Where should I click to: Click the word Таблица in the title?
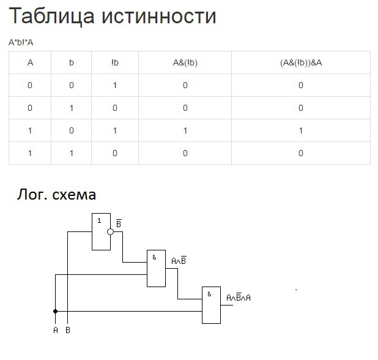click(x=50, y=16)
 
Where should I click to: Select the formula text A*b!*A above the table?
click(x=21, y=42)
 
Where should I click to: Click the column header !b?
click(x=115, y=62)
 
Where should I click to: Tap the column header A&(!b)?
click(x=185, y=62)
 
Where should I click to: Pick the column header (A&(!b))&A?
click(x=300, y=62)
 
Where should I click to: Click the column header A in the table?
click(x=30, y=62)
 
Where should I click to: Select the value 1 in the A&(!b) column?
click(x=185, y=130)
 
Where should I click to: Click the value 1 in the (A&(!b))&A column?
click(x=300, y=130)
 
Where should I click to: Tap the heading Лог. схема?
click(x=56, y=195)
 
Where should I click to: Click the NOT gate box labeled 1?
click(x=101, y=231)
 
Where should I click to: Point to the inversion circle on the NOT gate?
click(x=110, y=232)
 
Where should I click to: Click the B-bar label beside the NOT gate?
click(x=119, y=224)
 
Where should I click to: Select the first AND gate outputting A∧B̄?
click(x=156, y=268)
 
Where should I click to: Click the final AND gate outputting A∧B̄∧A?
click(x=211, y=305)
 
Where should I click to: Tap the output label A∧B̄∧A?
click(x=239, y=297)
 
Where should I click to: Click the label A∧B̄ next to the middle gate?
click(x=179, y=260)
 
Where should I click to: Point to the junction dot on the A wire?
click(x=56, y=311)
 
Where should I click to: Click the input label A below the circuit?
click(x=56, y=331)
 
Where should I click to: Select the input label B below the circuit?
click(x=67, y=331)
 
